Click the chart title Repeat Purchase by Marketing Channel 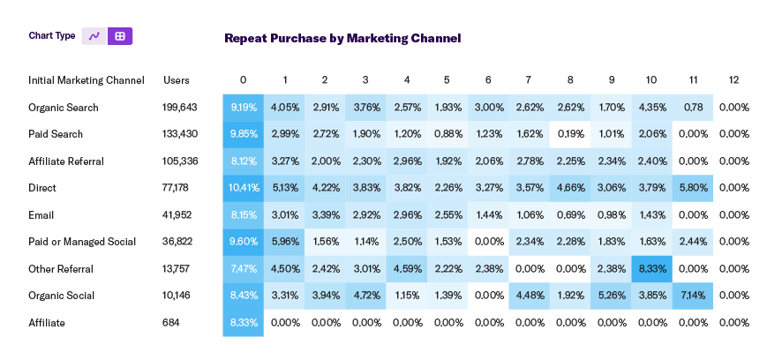coord(342,38)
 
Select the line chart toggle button coord(94,36)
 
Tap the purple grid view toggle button coord(120,36)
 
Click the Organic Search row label coord(63,108)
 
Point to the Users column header coord(177,80)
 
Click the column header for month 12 coord(733,80)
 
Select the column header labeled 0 coord(243,80)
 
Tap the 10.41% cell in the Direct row coord(243,188)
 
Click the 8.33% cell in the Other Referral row coord(652,269)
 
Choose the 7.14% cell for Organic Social coord(693,296)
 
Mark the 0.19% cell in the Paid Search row coord(570,134)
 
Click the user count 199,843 coord(180,108)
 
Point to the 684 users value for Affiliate coord(172,323)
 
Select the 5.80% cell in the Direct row coord(693,188)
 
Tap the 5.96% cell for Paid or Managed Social coord(283,242)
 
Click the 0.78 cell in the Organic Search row coord(693,108)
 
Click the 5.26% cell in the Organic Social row coord(611,296)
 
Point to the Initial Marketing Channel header coord(86,80)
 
